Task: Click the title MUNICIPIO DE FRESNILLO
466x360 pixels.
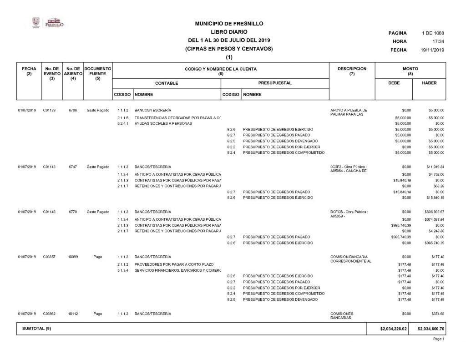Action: coord(229,24)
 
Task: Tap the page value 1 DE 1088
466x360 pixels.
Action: coord(433,33)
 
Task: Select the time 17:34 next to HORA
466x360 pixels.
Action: coord(438,41)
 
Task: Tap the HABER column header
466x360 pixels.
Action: coord(429,83)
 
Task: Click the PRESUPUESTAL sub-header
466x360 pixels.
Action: coord(274,83)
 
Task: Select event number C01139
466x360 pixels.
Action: coord(49,110)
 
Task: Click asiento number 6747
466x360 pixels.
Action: coord(73,167)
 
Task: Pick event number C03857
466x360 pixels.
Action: coord(49,257)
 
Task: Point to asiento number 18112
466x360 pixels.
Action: coord(73,314)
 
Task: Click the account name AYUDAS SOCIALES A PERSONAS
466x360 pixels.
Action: coord(163,123)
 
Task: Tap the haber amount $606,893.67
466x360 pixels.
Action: coord(433,212)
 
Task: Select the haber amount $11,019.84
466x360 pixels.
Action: coord(433,167)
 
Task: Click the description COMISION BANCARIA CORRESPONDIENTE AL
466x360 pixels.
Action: coord(349,259)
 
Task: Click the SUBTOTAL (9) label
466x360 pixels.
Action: coord(36,329)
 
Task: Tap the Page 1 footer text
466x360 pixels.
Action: coord(439,339)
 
